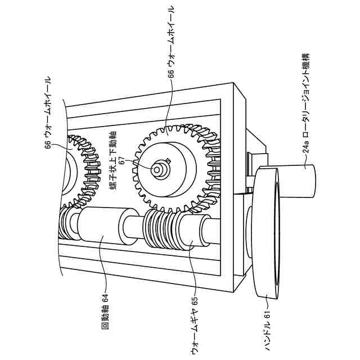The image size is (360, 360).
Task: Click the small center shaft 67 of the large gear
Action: coord(160,167)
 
